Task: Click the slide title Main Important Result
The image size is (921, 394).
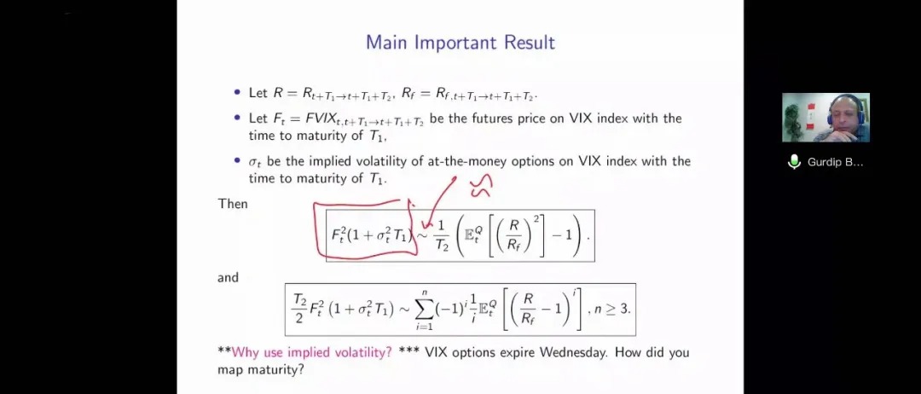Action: (460, 43)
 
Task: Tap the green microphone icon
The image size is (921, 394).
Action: (794, 161)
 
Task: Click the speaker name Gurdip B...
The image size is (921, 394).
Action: (835, 162)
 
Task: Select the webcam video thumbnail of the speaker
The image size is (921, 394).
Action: (825, 118)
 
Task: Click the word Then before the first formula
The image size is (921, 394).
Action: (233, 204)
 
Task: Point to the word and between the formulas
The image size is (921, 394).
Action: (228, 277)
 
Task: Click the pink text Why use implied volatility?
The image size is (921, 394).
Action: (312, 353)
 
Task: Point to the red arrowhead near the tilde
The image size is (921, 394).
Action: (426, 222)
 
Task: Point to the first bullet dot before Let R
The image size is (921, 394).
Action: (237, 92)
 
